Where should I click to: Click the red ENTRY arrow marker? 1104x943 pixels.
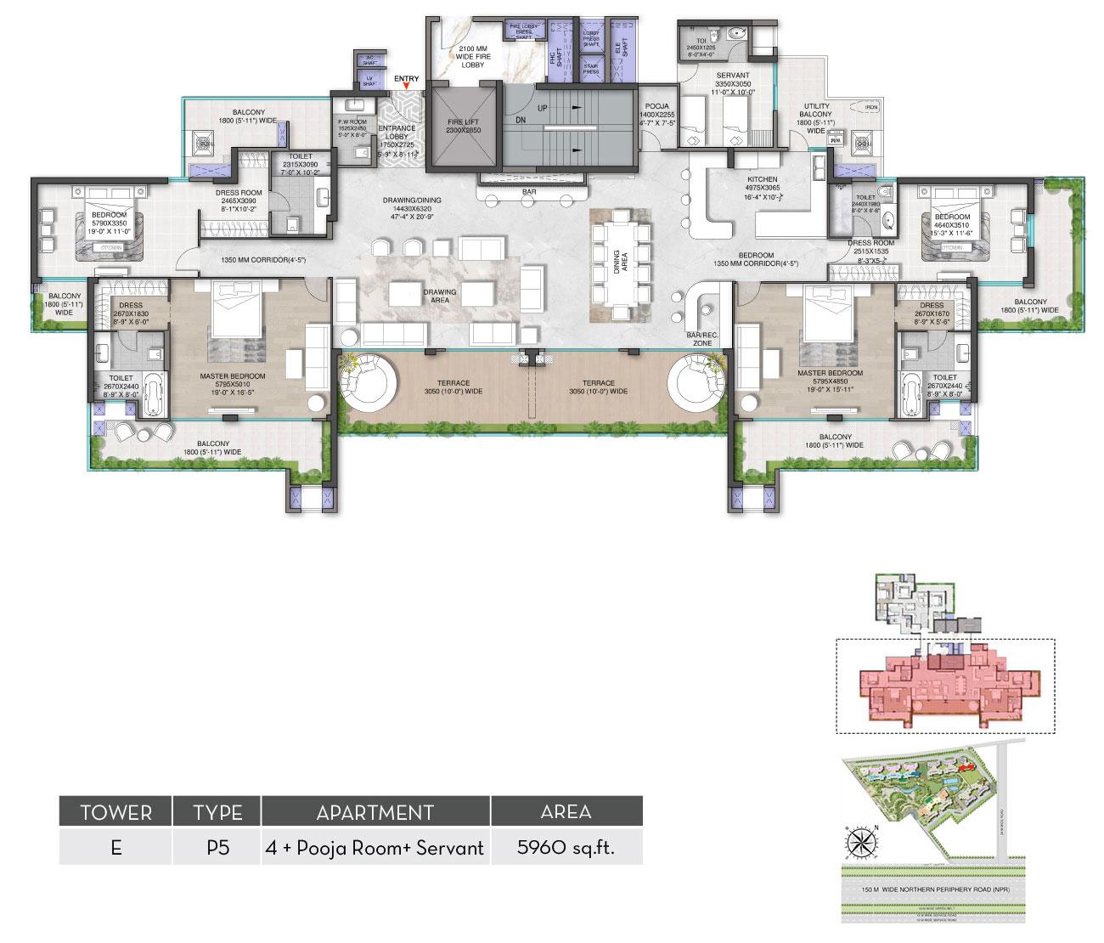coord(407,85)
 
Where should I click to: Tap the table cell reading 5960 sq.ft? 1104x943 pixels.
coord(566,848)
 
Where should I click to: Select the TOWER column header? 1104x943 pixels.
coord(115,812)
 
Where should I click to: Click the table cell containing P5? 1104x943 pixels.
coord(217,848)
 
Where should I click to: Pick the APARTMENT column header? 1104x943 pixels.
coord(375,812)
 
